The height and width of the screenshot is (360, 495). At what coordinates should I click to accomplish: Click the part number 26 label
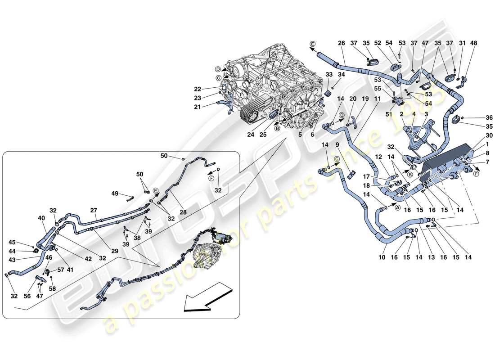(341, 44)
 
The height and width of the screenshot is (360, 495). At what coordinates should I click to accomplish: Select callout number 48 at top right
(474, 44)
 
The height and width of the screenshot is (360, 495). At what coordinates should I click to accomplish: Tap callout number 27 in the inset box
(93, 210)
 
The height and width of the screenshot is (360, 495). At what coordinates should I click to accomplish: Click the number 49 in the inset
(115, 193)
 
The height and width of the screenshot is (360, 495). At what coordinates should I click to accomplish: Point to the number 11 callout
(377, 99)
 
